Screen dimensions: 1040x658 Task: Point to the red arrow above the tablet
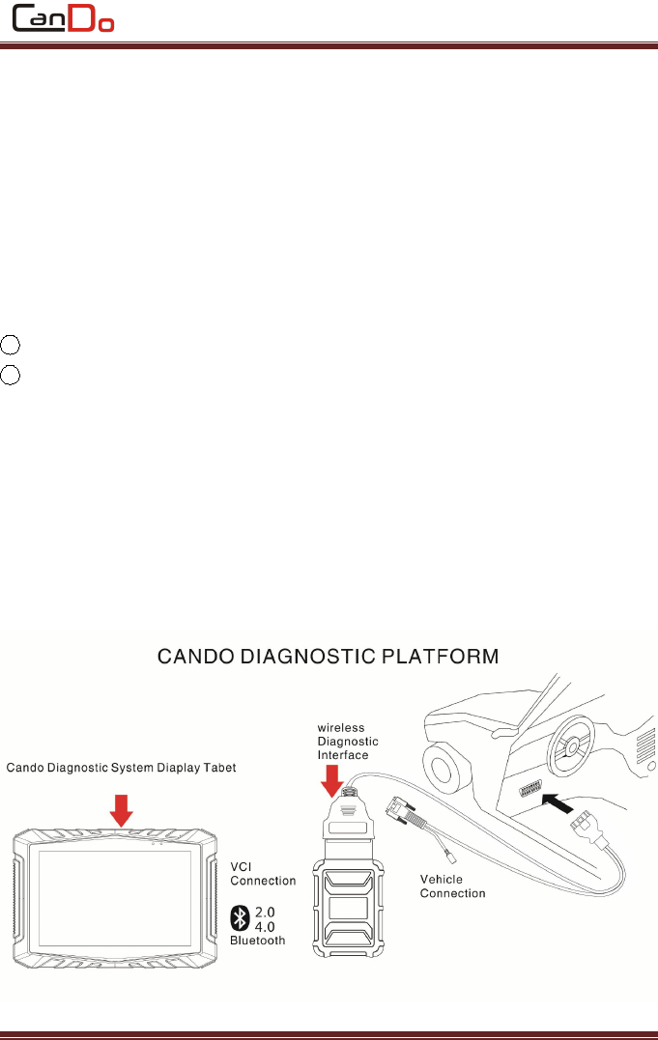point(121,809)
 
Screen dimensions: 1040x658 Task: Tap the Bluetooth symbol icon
point(240,916)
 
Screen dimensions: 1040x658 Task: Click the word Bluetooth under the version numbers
point(258,940)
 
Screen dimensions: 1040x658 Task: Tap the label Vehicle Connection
point(453,885)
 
